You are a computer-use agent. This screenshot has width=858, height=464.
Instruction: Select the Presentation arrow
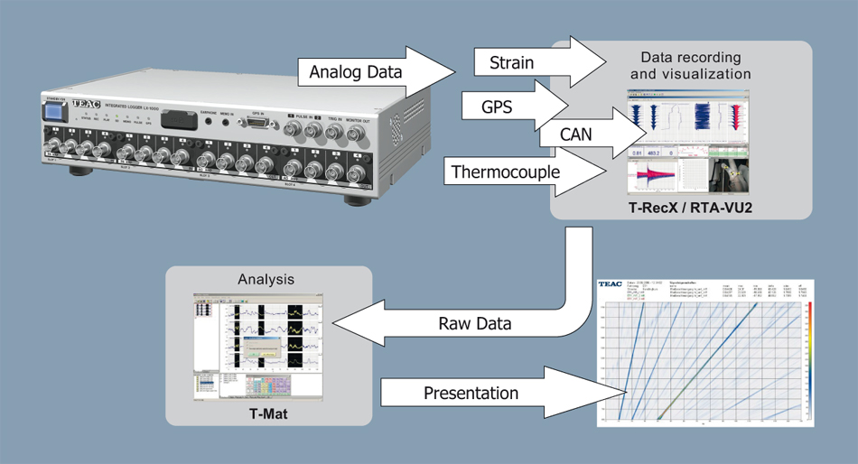coord(471,394)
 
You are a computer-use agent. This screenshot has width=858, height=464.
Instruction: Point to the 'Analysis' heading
coord(269,280)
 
